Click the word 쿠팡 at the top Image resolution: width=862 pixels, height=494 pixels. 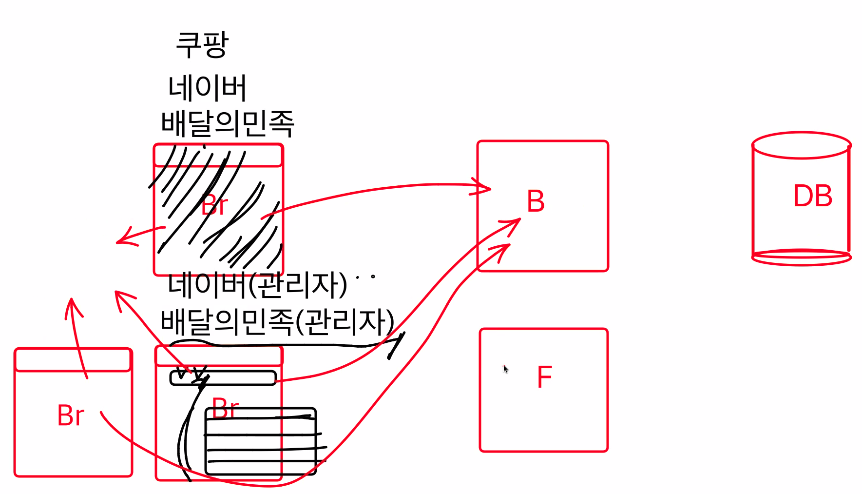[x=202, y=45]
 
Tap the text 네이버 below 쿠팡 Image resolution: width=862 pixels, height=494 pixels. [x=207, y=88]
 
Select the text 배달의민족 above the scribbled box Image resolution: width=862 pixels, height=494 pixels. [x=228, y=123]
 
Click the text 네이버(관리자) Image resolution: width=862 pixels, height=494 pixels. [x=257, y=285]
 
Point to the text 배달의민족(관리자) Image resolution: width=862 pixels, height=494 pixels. [x=277, y=322]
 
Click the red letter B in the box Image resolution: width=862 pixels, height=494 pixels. [x=536, y=201]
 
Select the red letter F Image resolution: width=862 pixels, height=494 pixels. [x=544, y=377]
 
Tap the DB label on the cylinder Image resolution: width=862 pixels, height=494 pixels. [x=812, y=196]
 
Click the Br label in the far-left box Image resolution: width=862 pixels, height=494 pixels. [x=71, y=416]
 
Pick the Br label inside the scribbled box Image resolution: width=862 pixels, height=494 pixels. [x=214, y=205]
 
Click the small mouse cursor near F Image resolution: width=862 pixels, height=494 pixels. [x=505, y=369]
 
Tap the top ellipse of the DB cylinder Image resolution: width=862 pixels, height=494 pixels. [x=801, y=145]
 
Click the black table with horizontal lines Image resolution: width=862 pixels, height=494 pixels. [x=261, y=441]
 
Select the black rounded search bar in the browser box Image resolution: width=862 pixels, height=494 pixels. [x=223, y=378]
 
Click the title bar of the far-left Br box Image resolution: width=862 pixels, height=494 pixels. [x=73, y=360]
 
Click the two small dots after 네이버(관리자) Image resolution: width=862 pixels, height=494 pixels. [x=365, y=277]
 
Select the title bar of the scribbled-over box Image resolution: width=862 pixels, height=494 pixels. [x=218, y=156]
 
